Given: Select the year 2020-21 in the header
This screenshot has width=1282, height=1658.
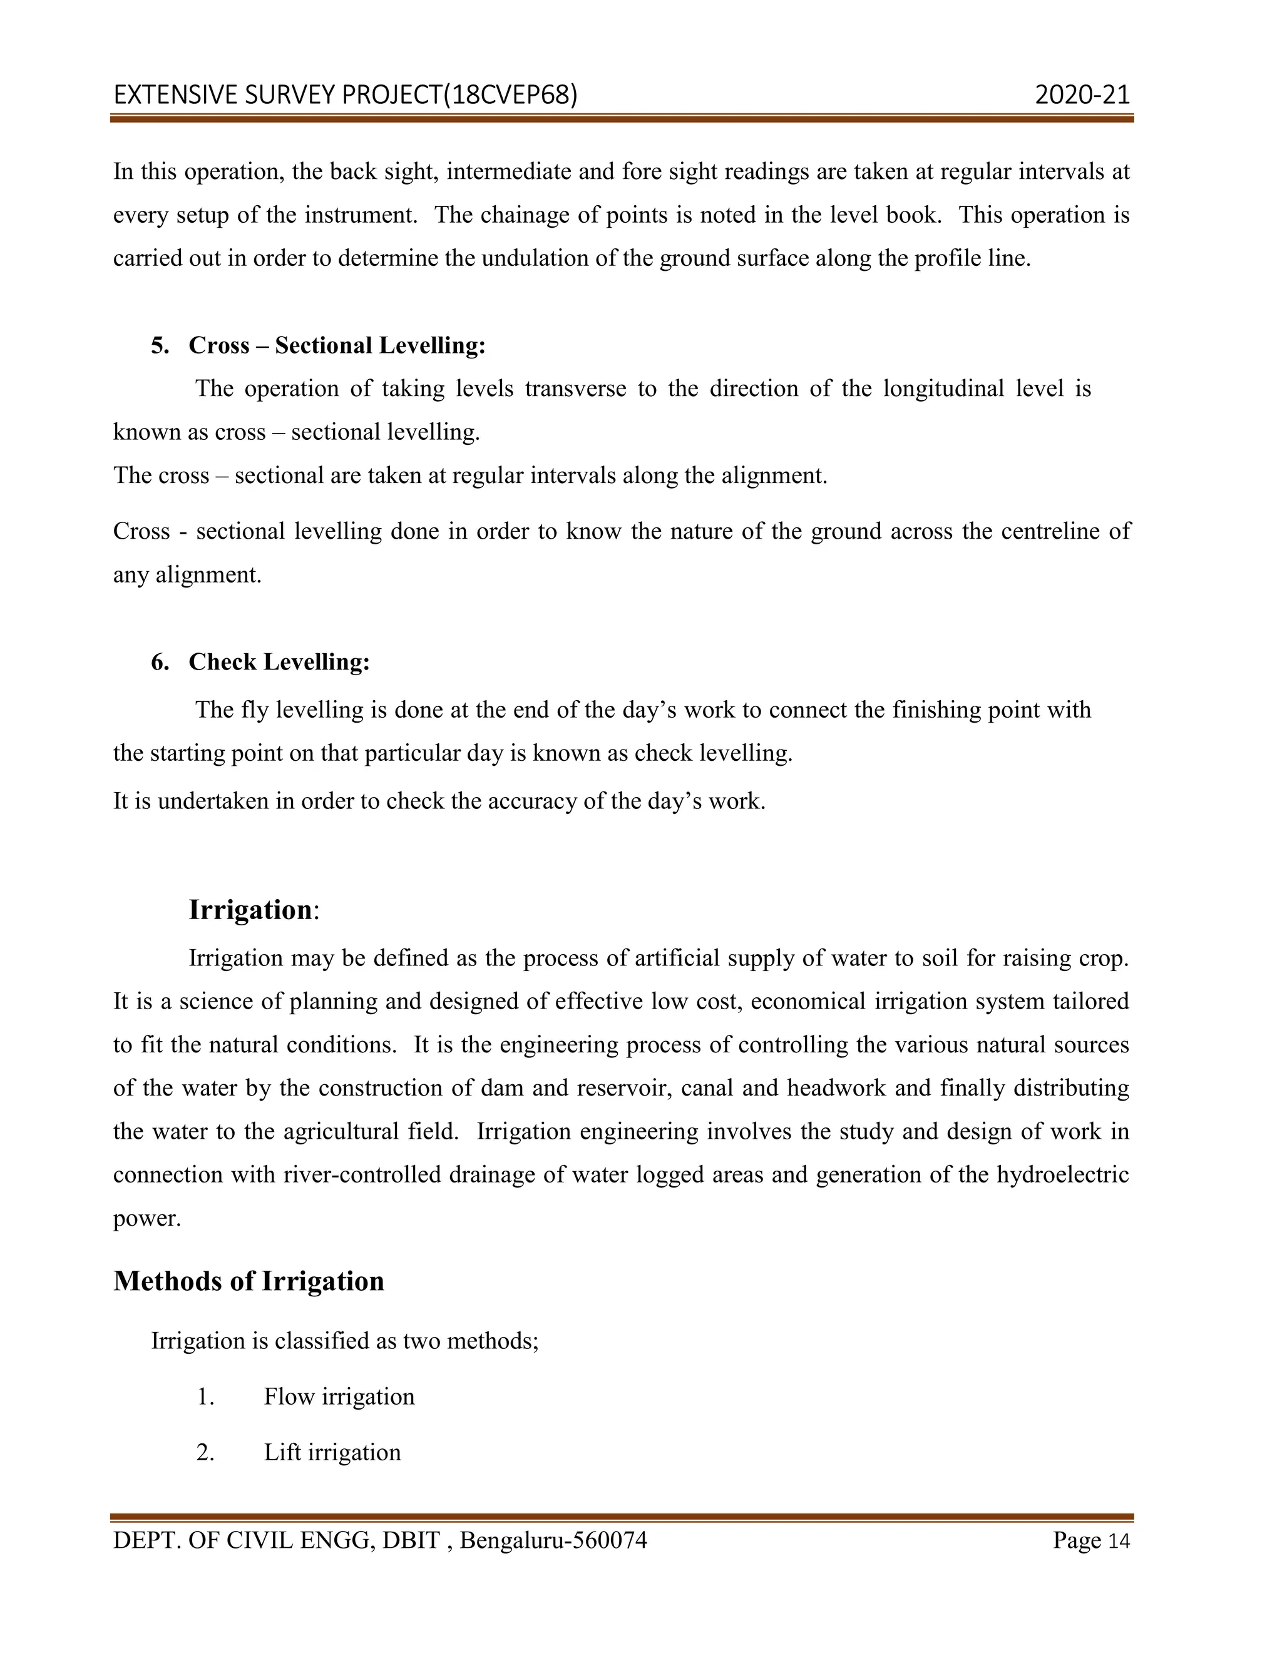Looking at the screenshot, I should click(1082, 95).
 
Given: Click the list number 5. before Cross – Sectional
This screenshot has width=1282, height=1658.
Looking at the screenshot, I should click(160, 345).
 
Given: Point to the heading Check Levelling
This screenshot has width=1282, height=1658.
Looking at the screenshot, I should click(279, 662).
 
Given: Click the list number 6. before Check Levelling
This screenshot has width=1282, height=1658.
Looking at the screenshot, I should click(160, 662).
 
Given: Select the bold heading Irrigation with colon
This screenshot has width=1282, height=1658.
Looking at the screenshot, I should click(253, 910).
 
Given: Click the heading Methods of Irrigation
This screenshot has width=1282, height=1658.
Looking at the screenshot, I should click(249, 1281).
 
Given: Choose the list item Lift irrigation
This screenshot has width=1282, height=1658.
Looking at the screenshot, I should click(332, 1452).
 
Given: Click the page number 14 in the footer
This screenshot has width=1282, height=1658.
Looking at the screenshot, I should click(1119, 1540).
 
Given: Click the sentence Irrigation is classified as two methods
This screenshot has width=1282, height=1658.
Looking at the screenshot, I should click(345, 1341).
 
